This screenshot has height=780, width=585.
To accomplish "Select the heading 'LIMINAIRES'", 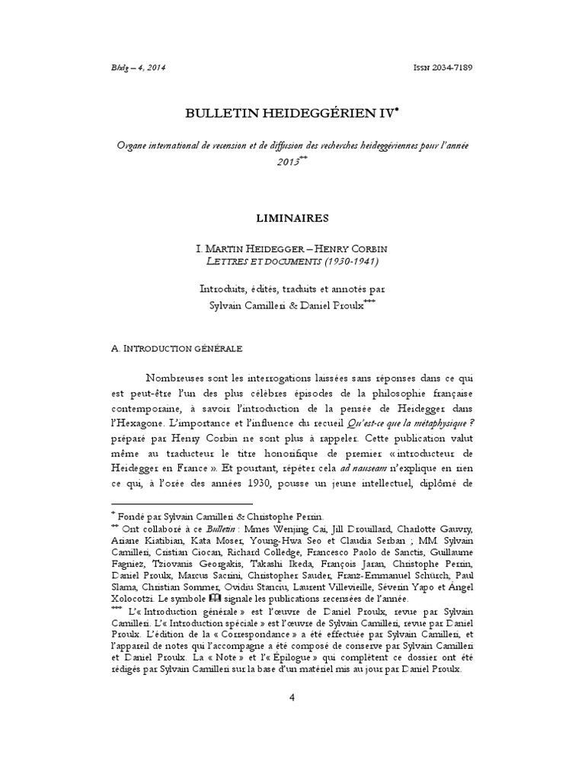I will coord(292,218).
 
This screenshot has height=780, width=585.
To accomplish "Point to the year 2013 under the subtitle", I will coord(288,162).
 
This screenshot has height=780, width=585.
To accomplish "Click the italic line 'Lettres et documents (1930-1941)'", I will coord(292,261).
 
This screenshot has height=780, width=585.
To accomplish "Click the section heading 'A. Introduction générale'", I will coord(177,348).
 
